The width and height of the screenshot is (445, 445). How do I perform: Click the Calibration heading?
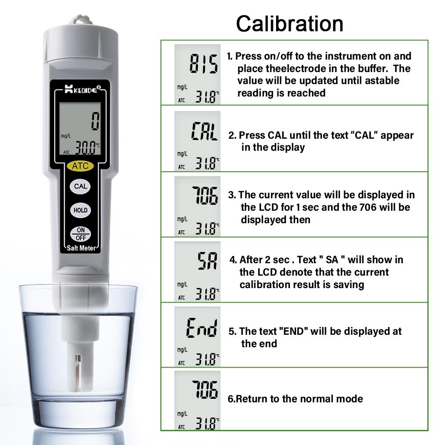point(289,23)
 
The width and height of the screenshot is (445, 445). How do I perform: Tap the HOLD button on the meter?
point(80,210)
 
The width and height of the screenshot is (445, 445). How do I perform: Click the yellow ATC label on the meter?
point(80,166)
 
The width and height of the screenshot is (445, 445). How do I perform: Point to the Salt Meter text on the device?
point(80,248)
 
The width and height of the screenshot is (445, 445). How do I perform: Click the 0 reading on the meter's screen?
point(95,121)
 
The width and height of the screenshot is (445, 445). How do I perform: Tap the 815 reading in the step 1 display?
point(204,64)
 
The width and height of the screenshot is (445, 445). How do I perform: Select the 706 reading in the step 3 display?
point(205,196)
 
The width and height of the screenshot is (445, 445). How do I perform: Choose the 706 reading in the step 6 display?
point(205,391)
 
